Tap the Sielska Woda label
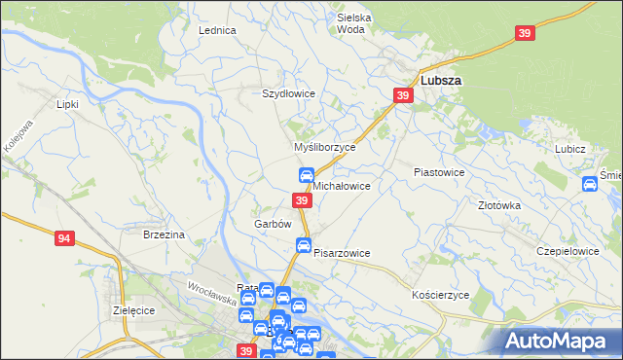356,23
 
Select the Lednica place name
218,30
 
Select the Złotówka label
500,206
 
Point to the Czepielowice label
568,250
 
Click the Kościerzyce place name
441,294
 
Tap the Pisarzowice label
342,253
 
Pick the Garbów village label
274,224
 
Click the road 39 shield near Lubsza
403,95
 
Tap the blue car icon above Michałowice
306,175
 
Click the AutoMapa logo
558,340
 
